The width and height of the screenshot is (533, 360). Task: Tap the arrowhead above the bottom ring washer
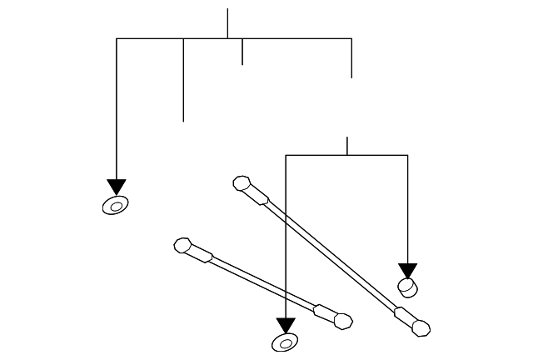point(286,325)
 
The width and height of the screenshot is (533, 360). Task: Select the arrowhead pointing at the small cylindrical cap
point(407,271)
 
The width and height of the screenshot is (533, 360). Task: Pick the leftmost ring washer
point(115,205)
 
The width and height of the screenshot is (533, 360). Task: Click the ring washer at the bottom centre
point(286,342)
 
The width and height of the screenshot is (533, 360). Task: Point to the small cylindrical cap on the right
point(408,287)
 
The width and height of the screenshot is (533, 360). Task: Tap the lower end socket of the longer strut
point(421,327)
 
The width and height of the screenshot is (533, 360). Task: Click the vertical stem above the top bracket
point(227,23)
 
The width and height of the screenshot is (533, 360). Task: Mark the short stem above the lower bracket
point(347,146)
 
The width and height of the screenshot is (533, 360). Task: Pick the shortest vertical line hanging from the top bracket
point(242,51)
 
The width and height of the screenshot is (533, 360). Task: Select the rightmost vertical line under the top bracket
point(351,57)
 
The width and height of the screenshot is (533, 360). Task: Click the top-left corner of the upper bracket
point(117,38)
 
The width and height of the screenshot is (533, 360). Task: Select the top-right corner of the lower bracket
point(407,155)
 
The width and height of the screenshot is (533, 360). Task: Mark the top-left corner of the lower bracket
point(286,155)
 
